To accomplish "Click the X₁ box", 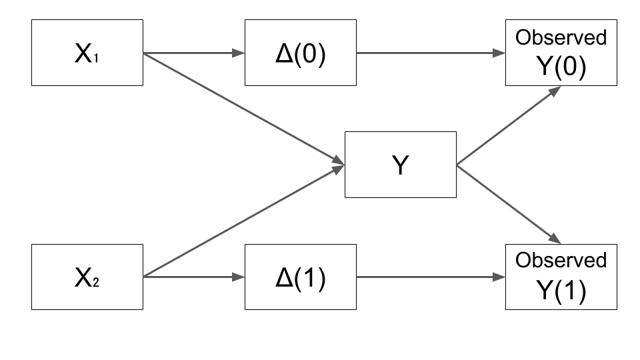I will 87,53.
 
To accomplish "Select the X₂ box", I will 87,277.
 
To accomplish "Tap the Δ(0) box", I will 300,53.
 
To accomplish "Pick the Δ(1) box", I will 300,277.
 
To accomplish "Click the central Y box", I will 400,165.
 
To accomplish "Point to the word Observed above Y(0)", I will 561,38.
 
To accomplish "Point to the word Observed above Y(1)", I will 561,260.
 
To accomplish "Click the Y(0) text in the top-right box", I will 561,67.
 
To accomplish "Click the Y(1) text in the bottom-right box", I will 561,291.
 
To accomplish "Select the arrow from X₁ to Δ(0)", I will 193,53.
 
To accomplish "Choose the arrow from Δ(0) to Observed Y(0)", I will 430,53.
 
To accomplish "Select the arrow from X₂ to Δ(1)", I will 193,277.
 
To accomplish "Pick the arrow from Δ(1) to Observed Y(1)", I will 430,277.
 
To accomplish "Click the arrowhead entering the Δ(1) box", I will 239,277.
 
